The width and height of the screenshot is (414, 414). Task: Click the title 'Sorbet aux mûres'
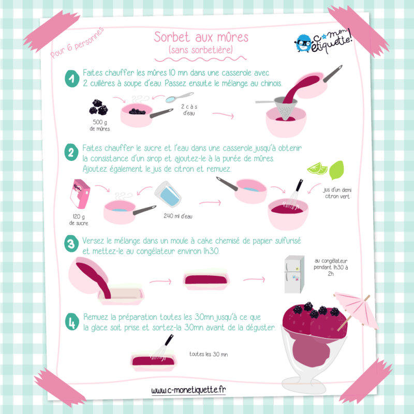[201, 37]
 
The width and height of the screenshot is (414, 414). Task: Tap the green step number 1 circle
[72, 79]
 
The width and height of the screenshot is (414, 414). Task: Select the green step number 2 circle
[71, 152]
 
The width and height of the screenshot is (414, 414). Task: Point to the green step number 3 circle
[71, 243]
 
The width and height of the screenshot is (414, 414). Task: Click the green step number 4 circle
[72, 321]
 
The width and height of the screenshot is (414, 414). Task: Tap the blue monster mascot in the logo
[303, 43]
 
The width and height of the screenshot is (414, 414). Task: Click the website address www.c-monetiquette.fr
[188, 390]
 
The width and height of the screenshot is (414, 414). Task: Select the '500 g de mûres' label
[100, 125]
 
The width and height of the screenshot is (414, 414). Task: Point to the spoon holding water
[179, 97]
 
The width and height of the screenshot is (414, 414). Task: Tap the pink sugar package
[80, 194]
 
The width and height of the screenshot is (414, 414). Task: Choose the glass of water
[168, 195]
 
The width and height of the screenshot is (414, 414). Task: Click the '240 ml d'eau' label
[178, 216]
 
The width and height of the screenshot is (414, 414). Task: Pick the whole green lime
[337, 170]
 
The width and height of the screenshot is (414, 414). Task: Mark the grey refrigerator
[294, 274]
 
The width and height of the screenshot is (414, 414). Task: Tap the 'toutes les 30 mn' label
[209, 354]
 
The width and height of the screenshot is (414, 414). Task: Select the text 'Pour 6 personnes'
[77, 43]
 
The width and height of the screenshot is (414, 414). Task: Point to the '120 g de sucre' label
[79, 219]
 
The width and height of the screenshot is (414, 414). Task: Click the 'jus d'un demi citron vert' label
[337, 193]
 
